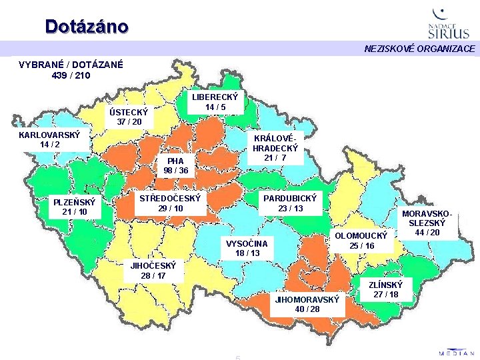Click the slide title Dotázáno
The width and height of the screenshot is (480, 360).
[87, 26]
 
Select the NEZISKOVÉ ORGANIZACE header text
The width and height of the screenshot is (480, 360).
[419, 49]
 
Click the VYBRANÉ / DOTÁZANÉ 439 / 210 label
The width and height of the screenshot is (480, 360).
[71, 70]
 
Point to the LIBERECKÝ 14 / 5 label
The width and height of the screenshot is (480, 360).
[215, 101]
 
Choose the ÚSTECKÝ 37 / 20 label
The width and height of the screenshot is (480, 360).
[129, 117]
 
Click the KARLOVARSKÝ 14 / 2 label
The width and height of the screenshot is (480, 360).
[49, 139]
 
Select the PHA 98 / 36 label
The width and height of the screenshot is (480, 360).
[175, 165]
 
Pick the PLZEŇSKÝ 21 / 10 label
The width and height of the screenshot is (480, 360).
[74, 207]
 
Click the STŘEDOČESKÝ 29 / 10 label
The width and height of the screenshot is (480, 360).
[171, 203]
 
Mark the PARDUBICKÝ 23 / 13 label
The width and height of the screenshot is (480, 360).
[291, 203]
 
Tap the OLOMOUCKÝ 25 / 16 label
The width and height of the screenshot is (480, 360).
[361, 241]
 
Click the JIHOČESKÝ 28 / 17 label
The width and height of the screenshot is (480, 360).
[153, 270]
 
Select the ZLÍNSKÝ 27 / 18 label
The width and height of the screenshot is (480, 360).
[385, 289]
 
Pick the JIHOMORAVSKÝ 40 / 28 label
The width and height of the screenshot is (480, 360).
[307, 304]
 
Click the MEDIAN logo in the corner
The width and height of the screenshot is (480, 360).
[457, 351]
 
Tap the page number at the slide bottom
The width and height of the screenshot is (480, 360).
[237, 357]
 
